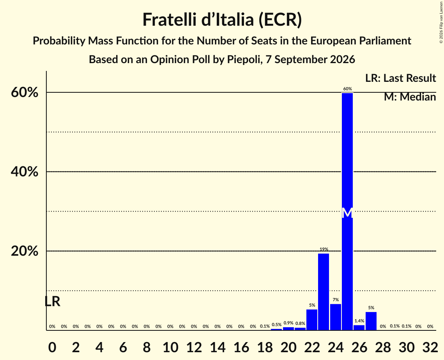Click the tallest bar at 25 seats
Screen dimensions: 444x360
click(347, 212)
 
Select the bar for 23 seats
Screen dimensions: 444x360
click(324, 292)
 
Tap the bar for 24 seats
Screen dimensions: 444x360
click(336, 317)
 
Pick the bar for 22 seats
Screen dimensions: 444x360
click(312, 320)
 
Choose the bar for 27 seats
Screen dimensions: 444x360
click(371, 321)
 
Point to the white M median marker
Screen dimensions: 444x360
click(347, 213)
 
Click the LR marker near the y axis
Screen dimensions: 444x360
click(52, 302)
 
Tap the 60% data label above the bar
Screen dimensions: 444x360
click(347, 89)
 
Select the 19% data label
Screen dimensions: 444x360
click(324, 249)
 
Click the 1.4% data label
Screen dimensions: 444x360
click(359, 321)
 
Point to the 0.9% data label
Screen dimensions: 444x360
click(288, 323)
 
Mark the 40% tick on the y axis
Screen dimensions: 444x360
click(24, 171)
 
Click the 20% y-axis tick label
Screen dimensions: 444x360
click(24, 251)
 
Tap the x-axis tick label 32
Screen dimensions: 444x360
click(430, 347)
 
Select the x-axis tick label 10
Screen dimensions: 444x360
click(170, 347)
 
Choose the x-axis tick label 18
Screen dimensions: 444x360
click(265, 347)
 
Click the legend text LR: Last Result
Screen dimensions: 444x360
click(400, 78)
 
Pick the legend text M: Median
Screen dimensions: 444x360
click(410, 97)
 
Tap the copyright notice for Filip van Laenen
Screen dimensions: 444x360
click(441, 22)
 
